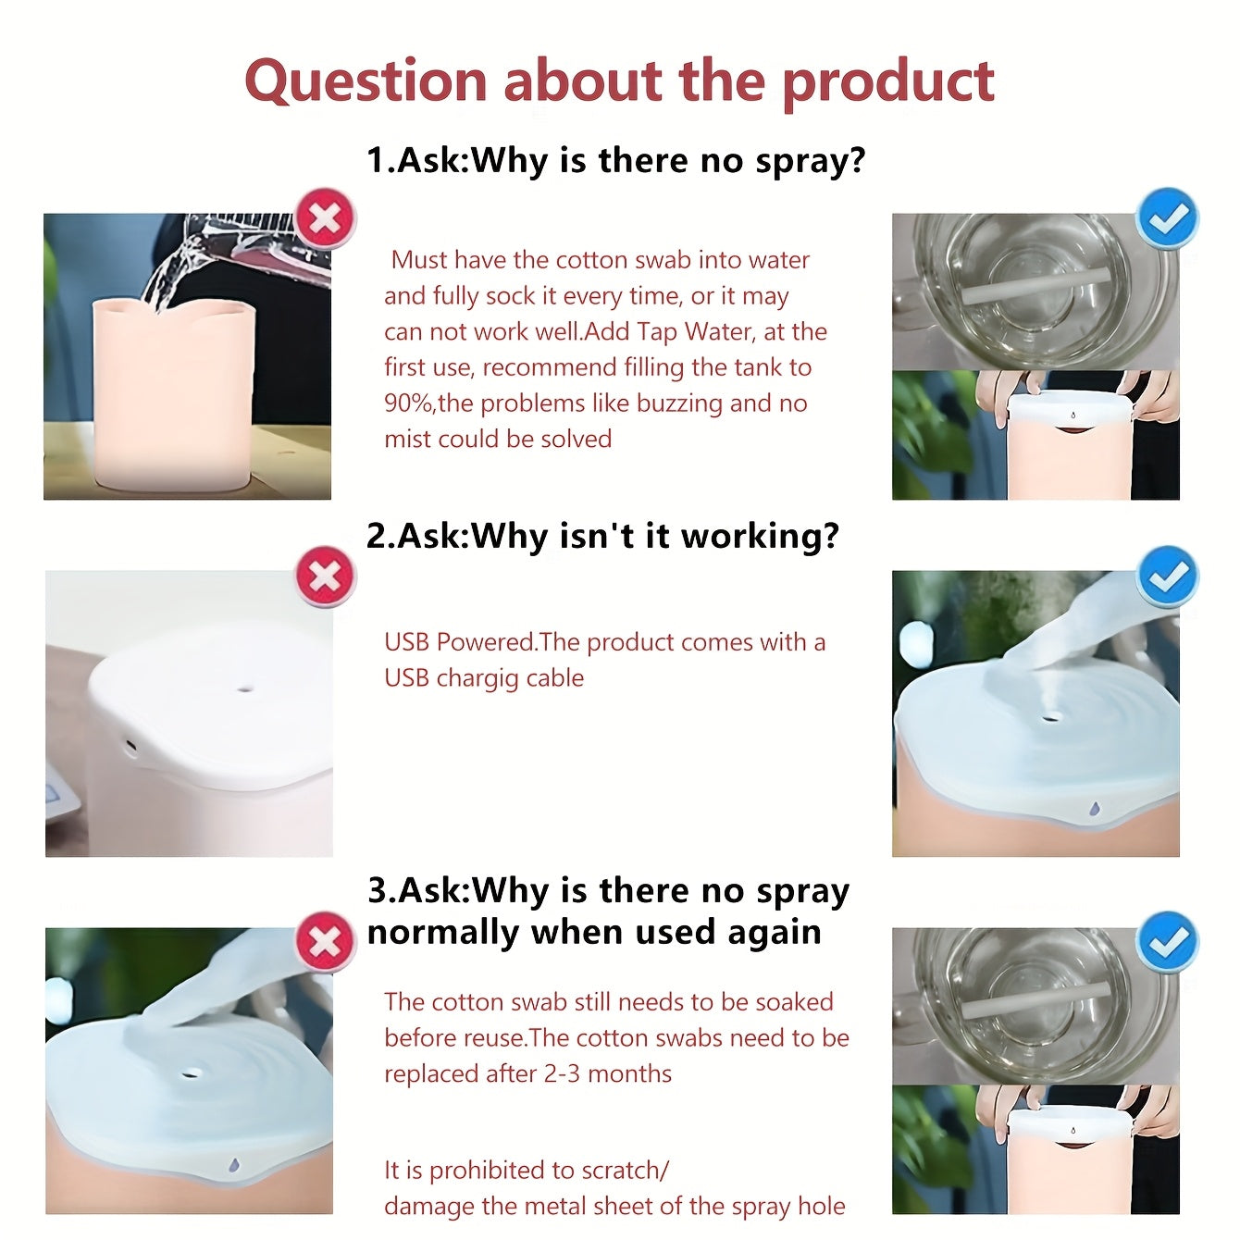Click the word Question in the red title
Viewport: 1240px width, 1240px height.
pyautogui.click(x=366, y=81)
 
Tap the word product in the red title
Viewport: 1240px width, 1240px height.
pyautogui.click(x=888, y=83)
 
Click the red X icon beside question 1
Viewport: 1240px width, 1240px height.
pyautogui.click(x=325, y=219)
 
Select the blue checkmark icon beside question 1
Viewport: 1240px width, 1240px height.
pyautogui.click(x=1168, y=218)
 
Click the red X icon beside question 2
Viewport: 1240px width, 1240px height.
pyautogui.click(x=325, y=577)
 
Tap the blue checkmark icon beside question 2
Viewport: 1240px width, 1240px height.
pyautogui.click(x=1168, y=577)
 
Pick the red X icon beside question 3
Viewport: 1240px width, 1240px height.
pyautogui.click(x=325, y=942)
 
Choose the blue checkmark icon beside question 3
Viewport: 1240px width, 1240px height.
pyautogui.click(x=1168, y=942)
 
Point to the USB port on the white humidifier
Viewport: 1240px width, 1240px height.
pyautogui.click(x=131, y=747)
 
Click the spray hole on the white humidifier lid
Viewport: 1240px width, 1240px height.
pyautogui.click(x=244, y=689)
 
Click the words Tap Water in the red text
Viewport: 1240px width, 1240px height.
pyautogui.click(x=675, y=332)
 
